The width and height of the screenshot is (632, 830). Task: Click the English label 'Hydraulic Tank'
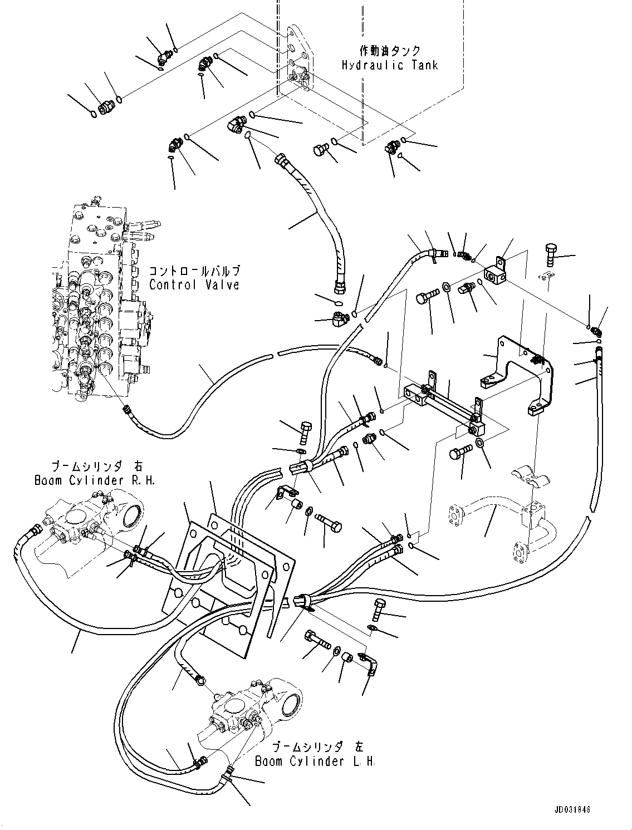(390, 65)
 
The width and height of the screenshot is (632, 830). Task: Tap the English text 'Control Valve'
(194, 284)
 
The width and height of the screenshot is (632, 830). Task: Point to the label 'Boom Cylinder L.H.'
(315, 762)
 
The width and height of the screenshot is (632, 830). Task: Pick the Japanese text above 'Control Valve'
(194, 271)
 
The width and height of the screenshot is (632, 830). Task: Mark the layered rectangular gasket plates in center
(234, 573)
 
